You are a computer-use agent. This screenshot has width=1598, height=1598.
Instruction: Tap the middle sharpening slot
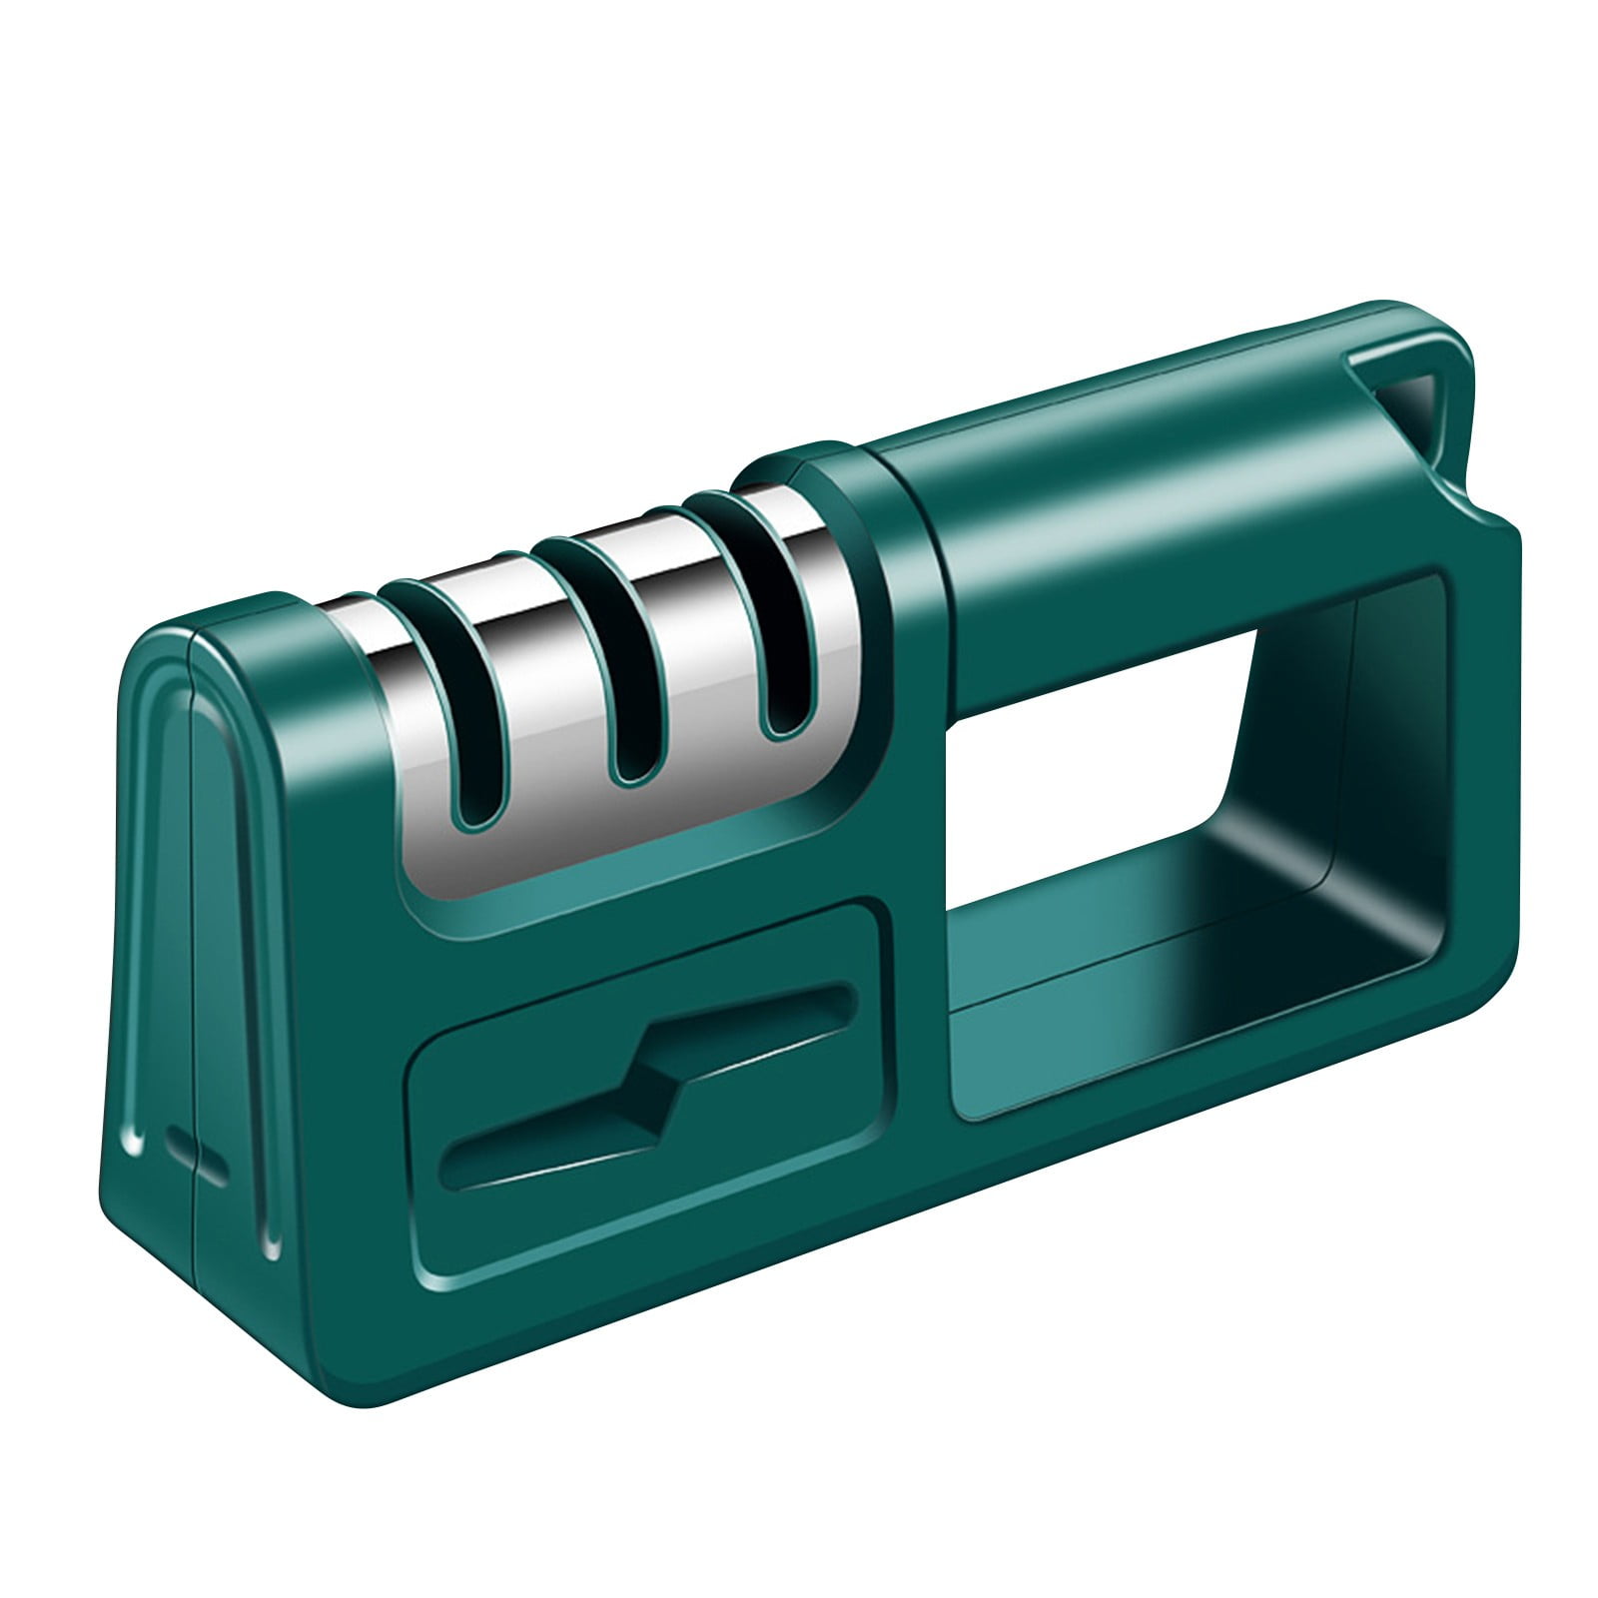(624, 689)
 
